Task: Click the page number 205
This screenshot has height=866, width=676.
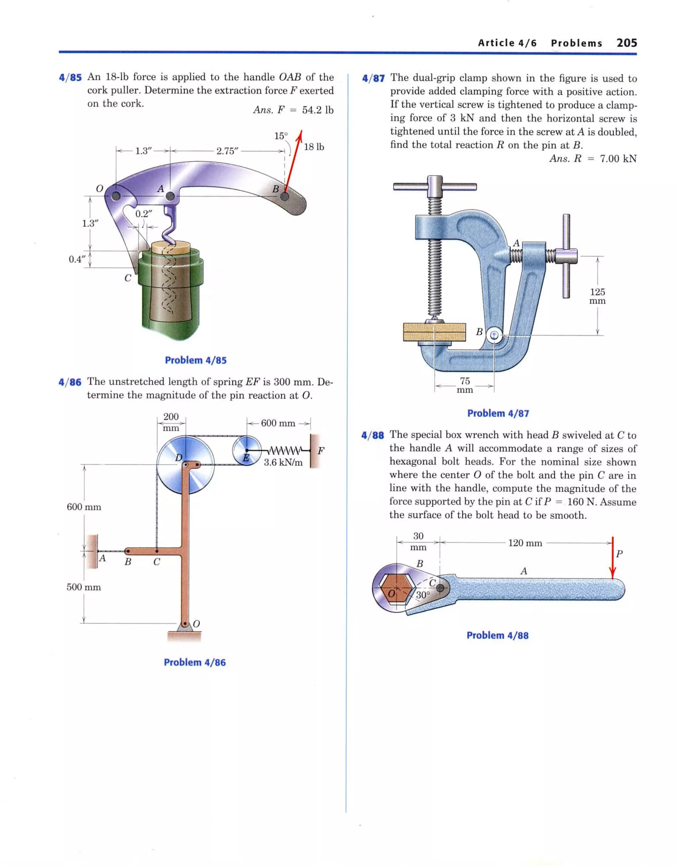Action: tap(626, 43)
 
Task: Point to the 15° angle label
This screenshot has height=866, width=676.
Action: tap(281, 136)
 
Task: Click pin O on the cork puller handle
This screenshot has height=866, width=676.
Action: tap(116, 196)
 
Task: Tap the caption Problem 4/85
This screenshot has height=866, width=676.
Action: tap(195, 360)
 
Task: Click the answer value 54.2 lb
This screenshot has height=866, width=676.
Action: tap(317, 110)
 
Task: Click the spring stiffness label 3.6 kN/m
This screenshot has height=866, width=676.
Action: tap(283, 462)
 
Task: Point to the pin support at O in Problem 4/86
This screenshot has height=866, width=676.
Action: tap(185, 624)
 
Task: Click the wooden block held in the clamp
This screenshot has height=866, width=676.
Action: tap(434, 332)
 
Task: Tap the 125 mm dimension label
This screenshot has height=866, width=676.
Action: tap(597, 296)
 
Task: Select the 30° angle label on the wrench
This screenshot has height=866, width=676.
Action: tap(422, 595)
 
